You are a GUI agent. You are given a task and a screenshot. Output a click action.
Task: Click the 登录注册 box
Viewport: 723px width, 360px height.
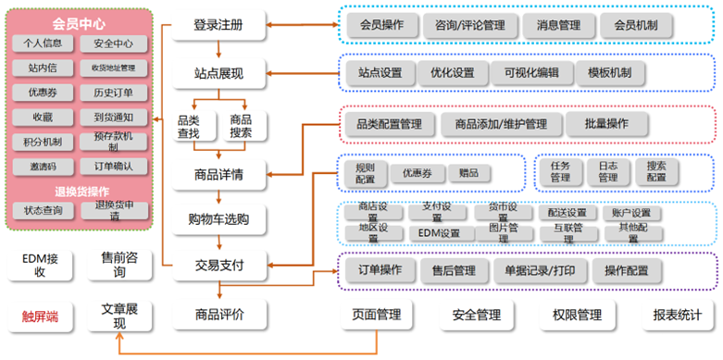219,25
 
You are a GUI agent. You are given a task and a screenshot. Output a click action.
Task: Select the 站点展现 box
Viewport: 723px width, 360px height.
219,71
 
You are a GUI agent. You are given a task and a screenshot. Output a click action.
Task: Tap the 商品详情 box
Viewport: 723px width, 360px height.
219,173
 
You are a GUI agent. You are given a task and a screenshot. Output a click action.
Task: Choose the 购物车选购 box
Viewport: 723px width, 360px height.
219,219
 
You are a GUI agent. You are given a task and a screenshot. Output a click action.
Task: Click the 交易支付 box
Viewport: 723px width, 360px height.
219,266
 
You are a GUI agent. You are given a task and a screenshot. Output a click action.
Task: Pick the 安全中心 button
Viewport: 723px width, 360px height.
115,43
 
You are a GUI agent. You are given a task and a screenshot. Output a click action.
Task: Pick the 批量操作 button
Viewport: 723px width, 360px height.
606,124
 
